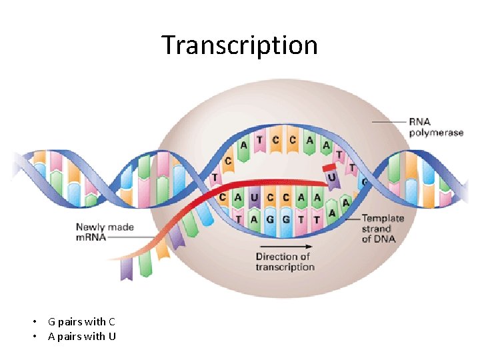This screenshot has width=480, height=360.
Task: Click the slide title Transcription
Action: coord(239,45)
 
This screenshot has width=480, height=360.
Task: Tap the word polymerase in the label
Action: coord(436,133)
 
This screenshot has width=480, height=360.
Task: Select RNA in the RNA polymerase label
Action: coord(419,122)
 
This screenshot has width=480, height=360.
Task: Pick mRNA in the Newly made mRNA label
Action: coord(91,237)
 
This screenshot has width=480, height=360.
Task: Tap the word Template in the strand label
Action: coord(383,219)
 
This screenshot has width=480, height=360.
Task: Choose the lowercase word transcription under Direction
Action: coord(285,267)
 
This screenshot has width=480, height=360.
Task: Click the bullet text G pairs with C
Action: coord(81,322)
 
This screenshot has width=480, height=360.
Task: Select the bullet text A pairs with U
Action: coord(81,336)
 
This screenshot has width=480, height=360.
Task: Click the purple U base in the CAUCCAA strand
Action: coord(254,197)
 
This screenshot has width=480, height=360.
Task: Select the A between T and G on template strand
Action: coord(254,218)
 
